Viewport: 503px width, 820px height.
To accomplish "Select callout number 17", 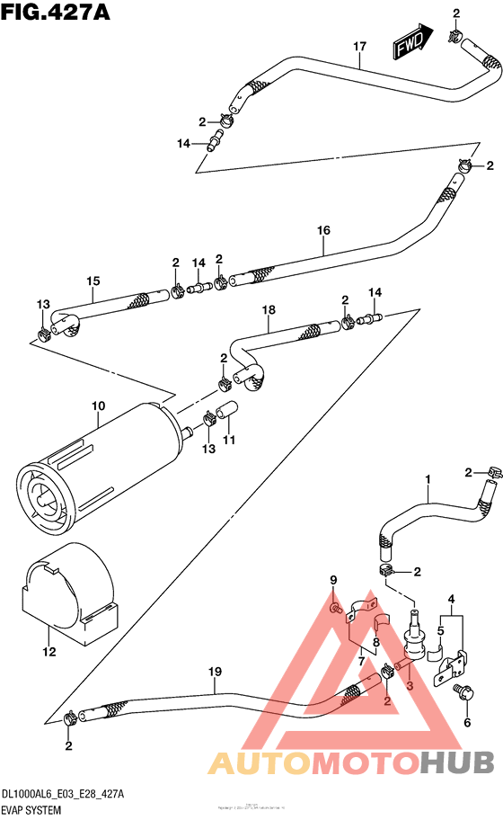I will tap(359, 46).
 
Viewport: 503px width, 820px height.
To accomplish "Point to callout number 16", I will tap(323, 230).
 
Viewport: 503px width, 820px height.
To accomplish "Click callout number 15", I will tap(93, 281).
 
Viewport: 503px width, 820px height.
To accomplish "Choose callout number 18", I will tap(267, 311).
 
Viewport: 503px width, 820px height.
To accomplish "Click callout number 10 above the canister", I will tap(99, 406).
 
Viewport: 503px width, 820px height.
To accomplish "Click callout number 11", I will tap(229, 441).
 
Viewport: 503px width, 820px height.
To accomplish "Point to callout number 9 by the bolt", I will tap(332, 579).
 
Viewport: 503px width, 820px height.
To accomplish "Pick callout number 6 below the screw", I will tap(466, 722).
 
